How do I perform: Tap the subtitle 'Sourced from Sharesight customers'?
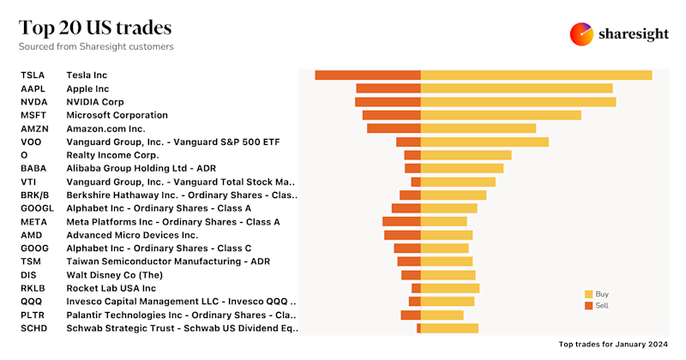coord(96,46)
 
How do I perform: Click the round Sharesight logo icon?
coord(582,34)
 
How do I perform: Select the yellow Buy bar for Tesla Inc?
coord(536,75)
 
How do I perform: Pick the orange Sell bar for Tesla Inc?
coord(368,75)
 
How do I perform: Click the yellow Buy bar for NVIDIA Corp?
coord(518,102)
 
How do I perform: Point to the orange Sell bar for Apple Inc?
coord(388,88)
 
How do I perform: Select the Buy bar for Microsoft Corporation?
coord(501,115)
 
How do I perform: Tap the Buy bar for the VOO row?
coord(484,141)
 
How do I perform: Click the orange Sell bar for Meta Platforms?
coord(401,221)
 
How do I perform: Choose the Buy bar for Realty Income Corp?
coord(466,155)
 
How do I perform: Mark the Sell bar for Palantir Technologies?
coord(411,315)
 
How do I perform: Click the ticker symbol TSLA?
coord(33,75)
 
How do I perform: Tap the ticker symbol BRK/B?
coord(35,195)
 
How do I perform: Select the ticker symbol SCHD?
coord(33,327)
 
